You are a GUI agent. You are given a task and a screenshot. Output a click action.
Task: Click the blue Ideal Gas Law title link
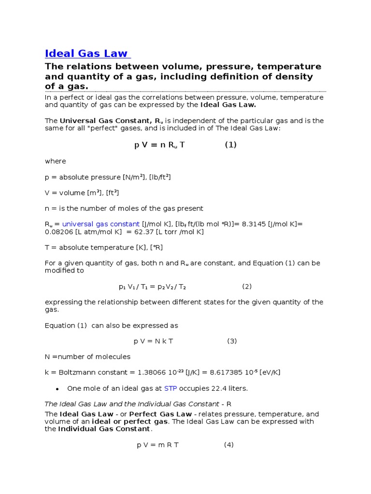(x=86, y=53)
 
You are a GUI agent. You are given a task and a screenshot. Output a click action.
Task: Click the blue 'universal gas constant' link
(x=101, y=224)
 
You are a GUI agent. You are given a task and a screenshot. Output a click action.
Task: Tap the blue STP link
(x=171, y=388)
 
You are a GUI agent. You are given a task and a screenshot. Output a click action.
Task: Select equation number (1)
(x=230, y=145)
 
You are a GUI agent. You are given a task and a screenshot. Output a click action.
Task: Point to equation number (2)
(x=247, y=287)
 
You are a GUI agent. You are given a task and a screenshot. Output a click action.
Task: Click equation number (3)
(x=232, y=341)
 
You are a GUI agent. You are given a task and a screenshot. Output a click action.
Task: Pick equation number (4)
(x=229, y=445)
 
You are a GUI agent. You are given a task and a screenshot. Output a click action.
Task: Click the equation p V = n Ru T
(x=159, y=145)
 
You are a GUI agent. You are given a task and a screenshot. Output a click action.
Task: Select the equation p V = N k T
(x=154, y=341)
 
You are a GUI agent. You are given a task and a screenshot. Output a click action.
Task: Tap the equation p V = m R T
(x=158, y=445)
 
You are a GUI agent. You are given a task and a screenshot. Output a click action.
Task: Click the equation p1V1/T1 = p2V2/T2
(x=153, y=287)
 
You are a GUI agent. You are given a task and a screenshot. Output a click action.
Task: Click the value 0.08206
(x=58, y=232)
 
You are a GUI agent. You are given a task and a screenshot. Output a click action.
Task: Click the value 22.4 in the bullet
(x=218, y=388)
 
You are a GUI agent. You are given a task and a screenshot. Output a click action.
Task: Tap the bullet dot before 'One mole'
(x=57, y=389)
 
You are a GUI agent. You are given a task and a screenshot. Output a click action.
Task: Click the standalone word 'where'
(x=56, y=161)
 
